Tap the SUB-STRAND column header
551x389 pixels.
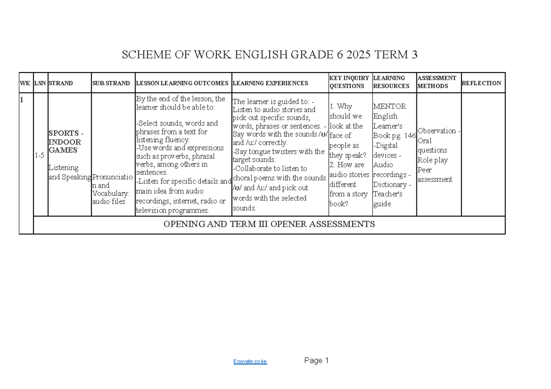coord(111,83)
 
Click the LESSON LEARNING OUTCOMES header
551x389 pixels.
coord(182,83)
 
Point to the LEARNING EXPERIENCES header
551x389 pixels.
coord(270,83)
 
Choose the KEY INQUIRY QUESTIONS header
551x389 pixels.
coord(349,82)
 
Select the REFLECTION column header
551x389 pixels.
coord(482,83)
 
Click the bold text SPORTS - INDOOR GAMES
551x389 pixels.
coord(65,142)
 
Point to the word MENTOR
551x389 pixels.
coord(389,106)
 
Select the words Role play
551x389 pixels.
coord(432,160)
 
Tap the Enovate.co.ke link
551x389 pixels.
coord(250,362)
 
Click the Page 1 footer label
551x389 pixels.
coord(316,361)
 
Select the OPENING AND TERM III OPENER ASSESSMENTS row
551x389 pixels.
coord(269,224)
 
